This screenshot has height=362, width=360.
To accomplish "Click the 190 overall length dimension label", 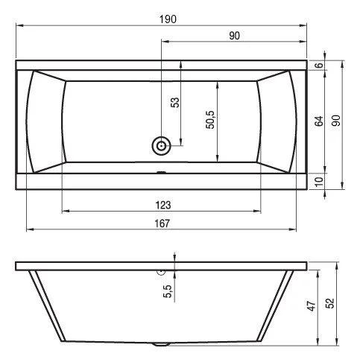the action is (x=168, y=19).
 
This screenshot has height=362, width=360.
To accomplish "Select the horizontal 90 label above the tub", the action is (x=234, y=36).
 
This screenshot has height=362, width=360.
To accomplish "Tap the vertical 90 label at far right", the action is (x=336, y=121).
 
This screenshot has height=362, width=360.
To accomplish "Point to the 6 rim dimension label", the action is (x=320, y=65).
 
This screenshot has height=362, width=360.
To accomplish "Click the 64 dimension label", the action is (x=319, y=121).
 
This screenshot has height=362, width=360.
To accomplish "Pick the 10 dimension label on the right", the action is (x=319, y=182).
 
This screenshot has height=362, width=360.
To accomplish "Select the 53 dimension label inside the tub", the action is (x=175, y=102).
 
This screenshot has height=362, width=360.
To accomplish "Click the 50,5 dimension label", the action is (x=210, y=120).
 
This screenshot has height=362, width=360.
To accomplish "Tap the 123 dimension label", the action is (x=163, y=206).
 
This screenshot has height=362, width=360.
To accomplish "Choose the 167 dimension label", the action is (x=162, y=223).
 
